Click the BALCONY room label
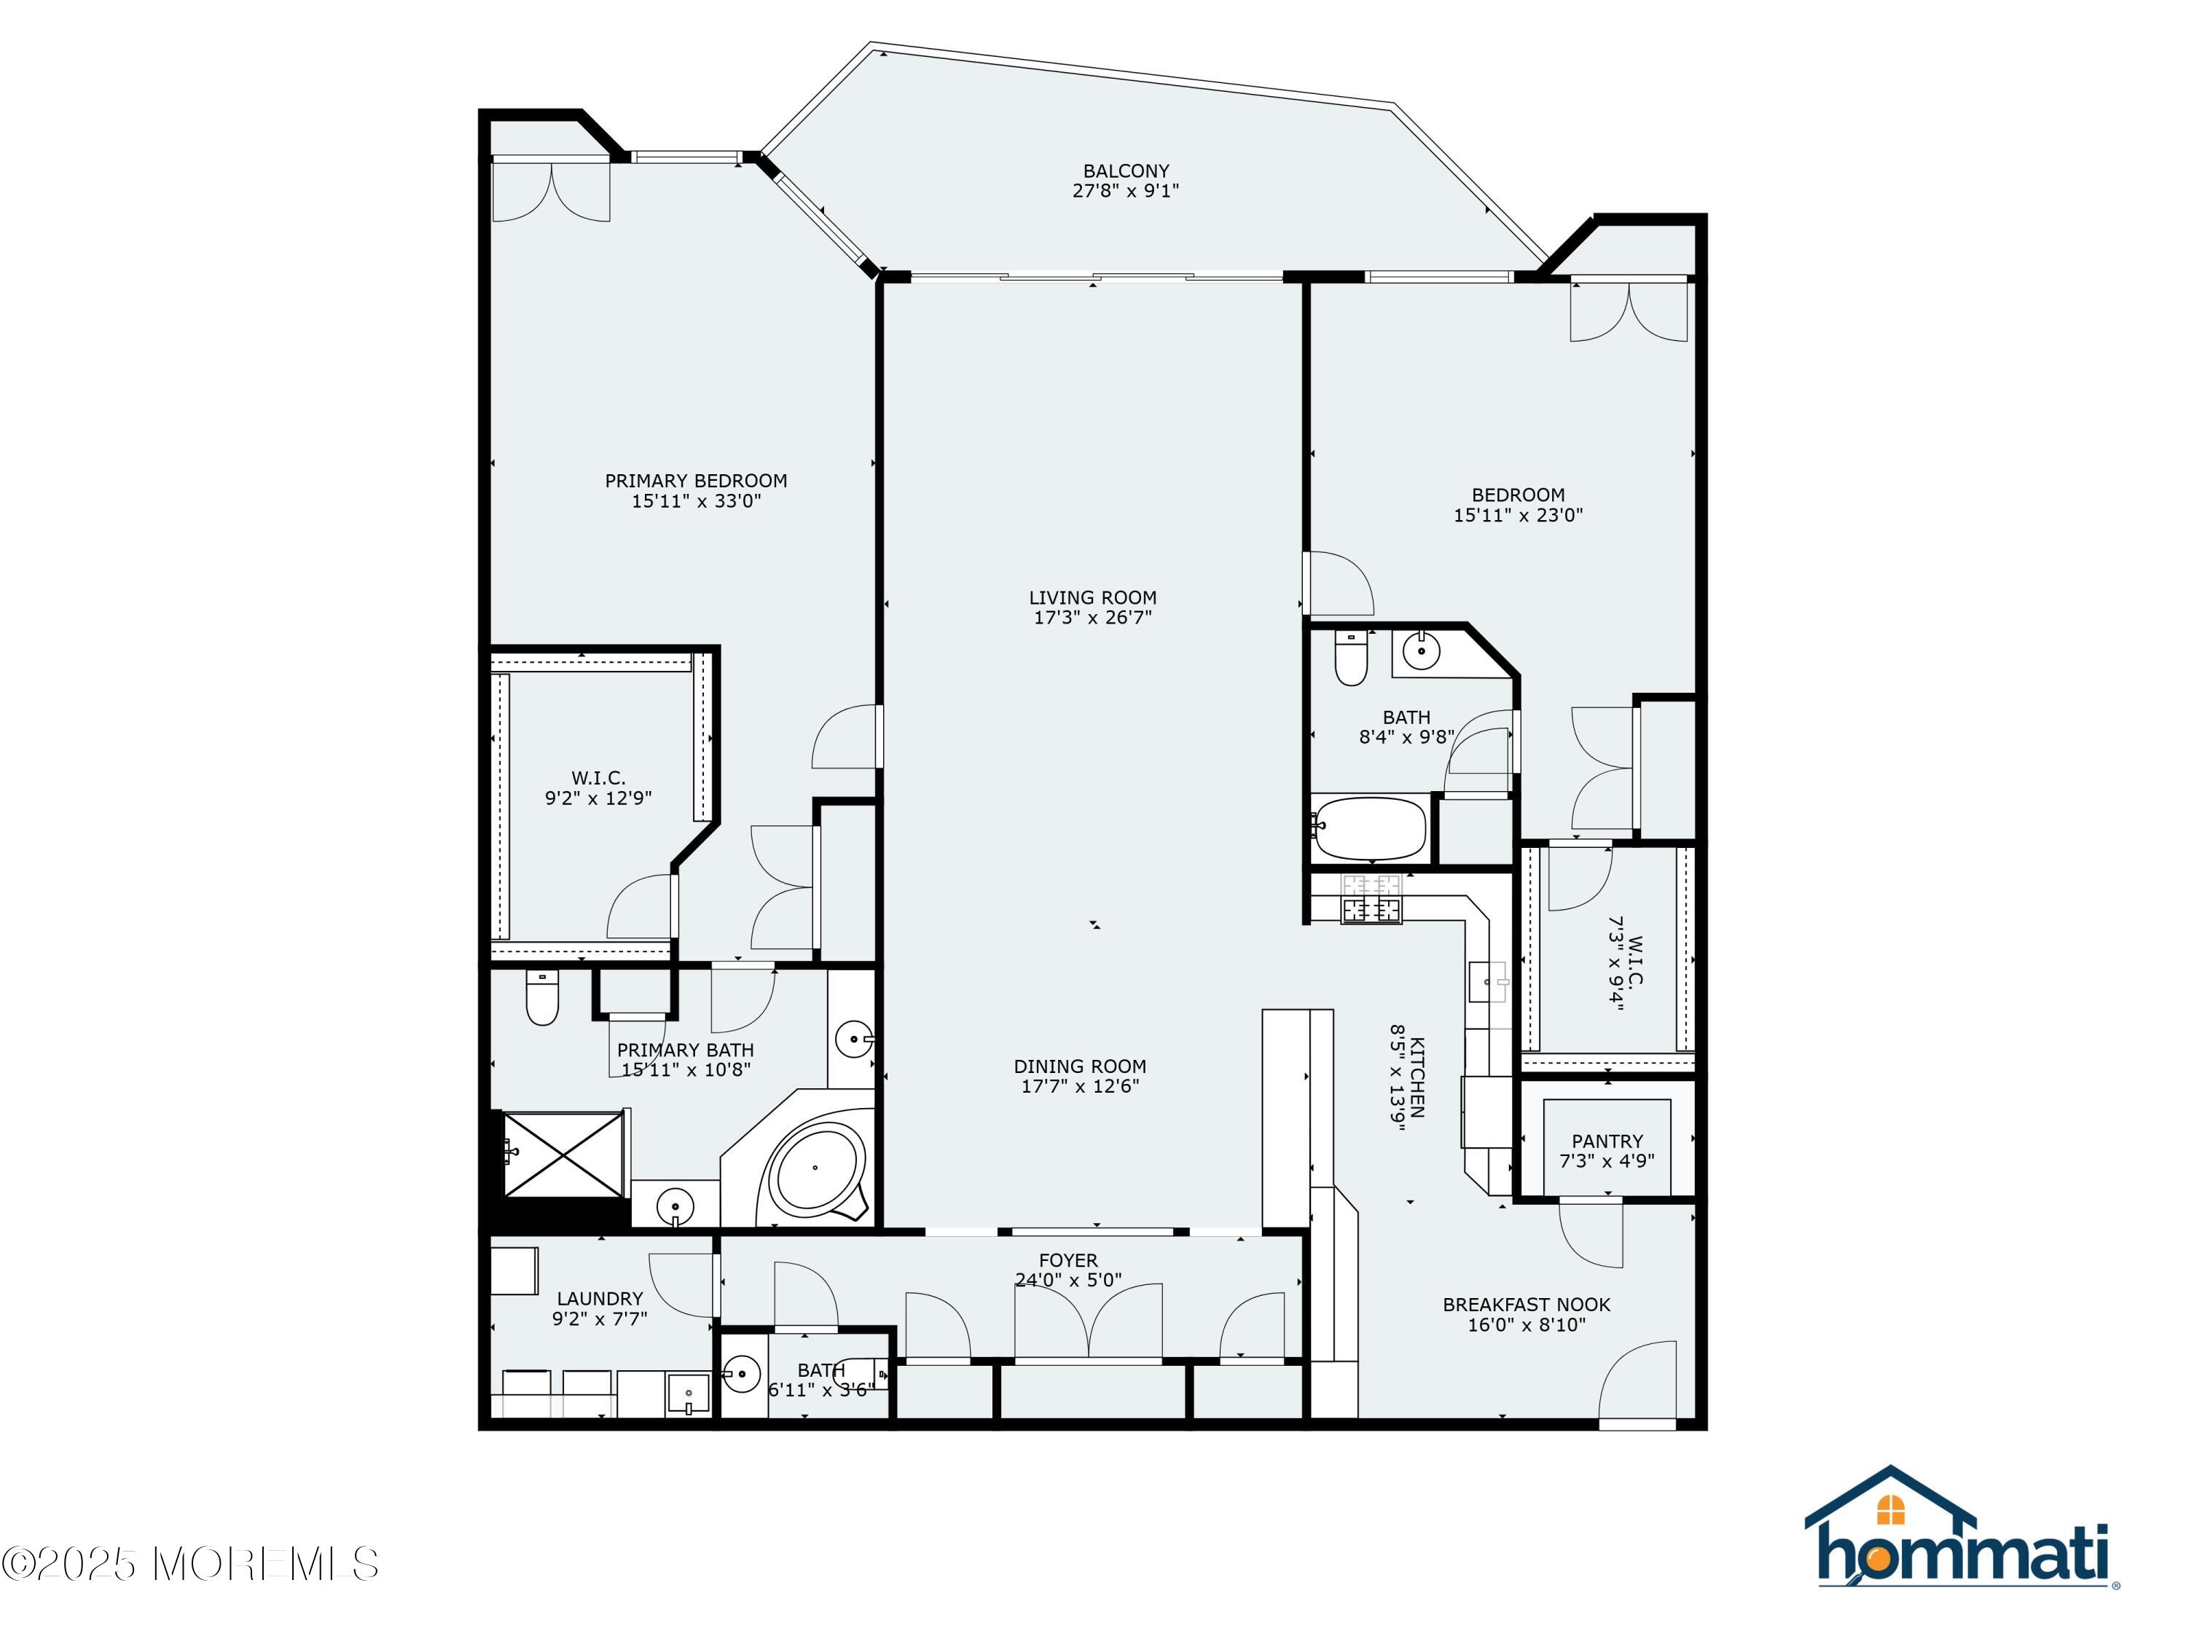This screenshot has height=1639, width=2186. [1126, 171]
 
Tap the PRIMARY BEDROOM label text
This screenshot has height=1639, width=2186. [696, 481]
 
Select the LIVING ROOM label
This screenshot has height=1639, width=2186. [1093, 598]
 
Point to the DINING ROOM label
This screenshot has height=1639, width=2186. [1080, 1066]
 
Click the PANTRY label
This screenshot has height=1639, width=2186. [1607, 1141]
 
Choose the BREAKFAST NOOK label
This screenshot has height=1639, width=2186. [1527, 1305]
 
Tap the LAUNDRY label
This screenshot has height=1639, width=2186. [600, 1299]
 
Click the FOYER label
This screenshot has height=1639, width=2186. [1068, 1261]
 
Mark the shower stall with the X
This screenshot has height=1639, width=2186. [564, 1154]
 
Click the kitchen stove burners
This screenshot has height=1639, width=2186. [1371, 899]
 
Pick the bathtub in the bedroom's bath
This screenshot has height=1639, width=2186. [1370, 828]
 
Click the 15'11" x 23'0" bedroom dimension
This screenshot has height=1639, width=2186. [1518, 515]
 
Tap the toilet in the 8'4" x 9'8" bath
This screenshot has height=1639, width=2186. [1351, 659]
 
